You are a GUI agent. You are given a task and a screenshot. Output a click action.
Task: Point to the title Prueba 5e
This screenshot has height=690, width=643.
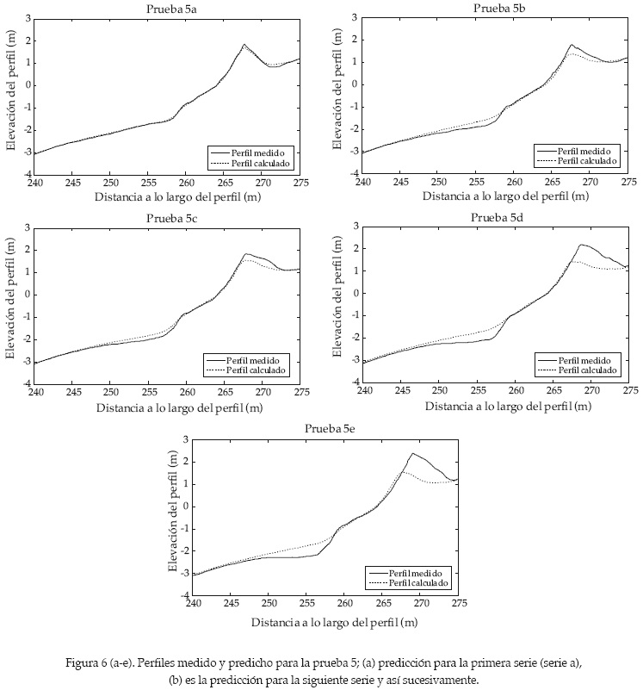(x=331, y=429)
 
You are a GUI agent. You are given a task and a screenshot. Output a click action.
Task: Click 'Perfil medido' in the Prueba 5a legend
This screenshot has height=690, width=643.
(x=263, y=151)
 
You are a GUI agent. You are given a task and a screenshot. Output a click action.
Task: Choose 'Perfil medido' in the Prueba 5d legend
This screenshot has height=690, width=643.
(x=589, y=359)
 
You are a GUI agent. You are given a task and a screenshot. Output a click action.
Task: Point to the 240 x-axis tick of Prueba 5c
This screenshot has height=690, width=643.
(x=35, y=393)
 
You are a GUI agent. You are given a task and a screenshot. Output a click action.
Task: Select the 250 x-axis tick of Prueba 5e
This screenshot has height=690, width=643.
(x=269, y=605)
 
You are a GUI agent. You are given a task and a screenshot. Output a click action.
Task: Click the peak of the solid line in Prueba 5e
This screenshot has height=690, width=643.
(x=412, y=453)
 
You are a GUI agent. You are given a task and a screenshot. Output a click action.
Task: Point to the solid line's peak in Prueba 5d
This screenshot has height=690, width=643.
(x=581, y=245)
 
